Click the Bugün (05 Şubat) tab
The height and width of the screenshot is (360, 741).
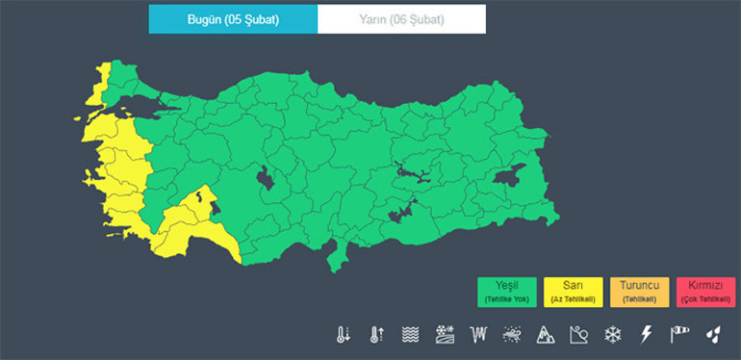pos(232,19)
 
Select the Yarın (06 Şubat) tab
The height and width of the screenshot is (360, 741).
pos(402,19)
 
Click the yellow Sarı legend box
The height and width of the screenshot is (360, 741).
pos(574,292)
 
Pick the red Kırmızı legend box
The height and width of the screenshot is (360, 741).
pos(704,292)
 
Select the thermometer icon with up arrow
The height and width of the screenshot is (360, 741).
pos(376,335)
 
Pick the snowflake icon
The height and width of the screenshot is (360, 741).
pos(611,335)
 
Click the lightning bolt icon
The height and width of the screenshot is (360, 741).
pos(646,335)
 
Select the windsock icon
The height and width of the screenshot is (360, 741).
pos(680,335)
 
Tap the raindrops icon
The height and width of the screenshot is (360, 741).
pos(713,335)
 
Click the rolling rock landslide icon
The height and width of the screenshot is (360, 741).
pos(577,335)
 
